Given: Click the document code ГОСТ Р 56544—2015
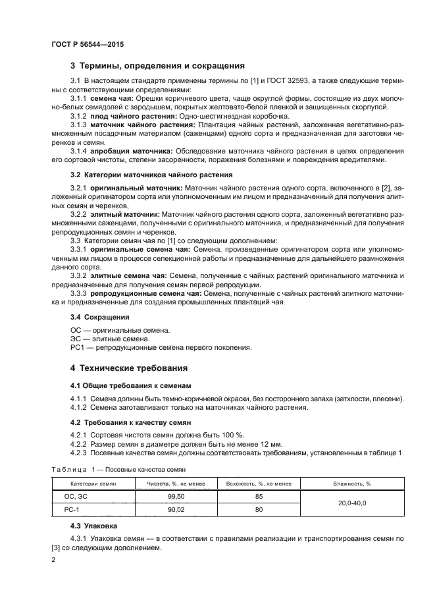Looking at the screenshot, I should coord(88,44).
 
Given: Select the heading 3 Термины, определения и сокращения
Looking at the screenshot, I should coord(157,66).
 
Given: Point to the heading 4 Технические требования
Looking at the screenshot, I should coord(129,368).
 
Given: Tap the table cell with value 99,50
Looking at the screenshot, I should coord(176,496).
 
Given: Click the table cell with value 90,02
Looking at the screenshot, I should coord(176,509).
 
